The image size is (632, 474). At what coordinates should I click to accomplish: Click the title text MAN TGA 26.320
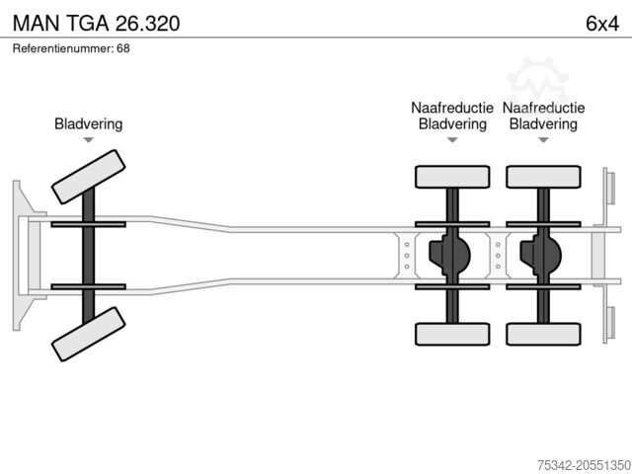pos(97,21)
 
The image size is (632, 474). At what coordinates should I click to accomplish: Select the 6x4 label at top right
pos(601,21)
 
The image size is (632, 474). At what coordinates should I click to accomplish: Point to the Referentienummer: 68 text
pos(71,48)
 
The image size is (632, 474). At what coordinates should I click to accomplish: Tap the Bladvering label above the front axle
pos(88,124)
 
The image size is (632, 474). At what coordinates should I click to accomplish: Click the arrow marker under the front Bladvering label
pos(88,140)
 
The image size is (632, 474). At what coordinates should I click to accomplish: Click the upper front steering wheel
pos(88,175)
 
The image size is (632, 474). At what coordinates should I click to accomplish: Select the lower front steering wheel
pos(88,334)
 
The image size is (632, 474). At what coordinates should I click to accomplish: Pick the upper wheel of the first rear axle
pos(452,177)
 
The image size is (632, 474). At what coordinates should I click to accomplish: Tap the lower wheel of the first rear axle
pos(452,334)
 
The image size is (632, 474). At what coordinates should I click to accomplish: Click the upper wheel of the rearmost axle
pos(543,177)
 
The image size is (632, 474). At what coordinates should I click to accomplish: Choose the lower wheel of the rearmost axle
pos(543,334)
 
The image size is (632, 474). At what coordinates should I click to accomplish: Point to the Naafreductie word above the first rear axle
pos(452,109)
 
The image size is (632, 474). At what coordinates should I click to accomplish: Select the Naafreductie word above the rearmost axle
pos(543,109)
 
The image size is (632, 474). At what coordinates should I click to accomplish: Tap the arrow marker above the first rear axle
pos(452,140)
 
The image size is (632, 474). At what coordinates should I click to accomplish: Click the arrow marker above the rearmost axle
pos(543,140)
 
